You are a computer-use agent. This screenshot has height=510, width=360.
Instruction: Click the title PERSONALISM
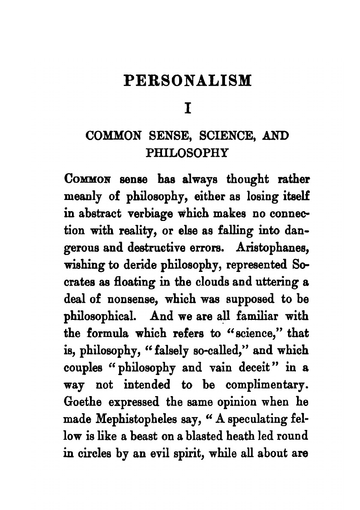click(x=187, y=81)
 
